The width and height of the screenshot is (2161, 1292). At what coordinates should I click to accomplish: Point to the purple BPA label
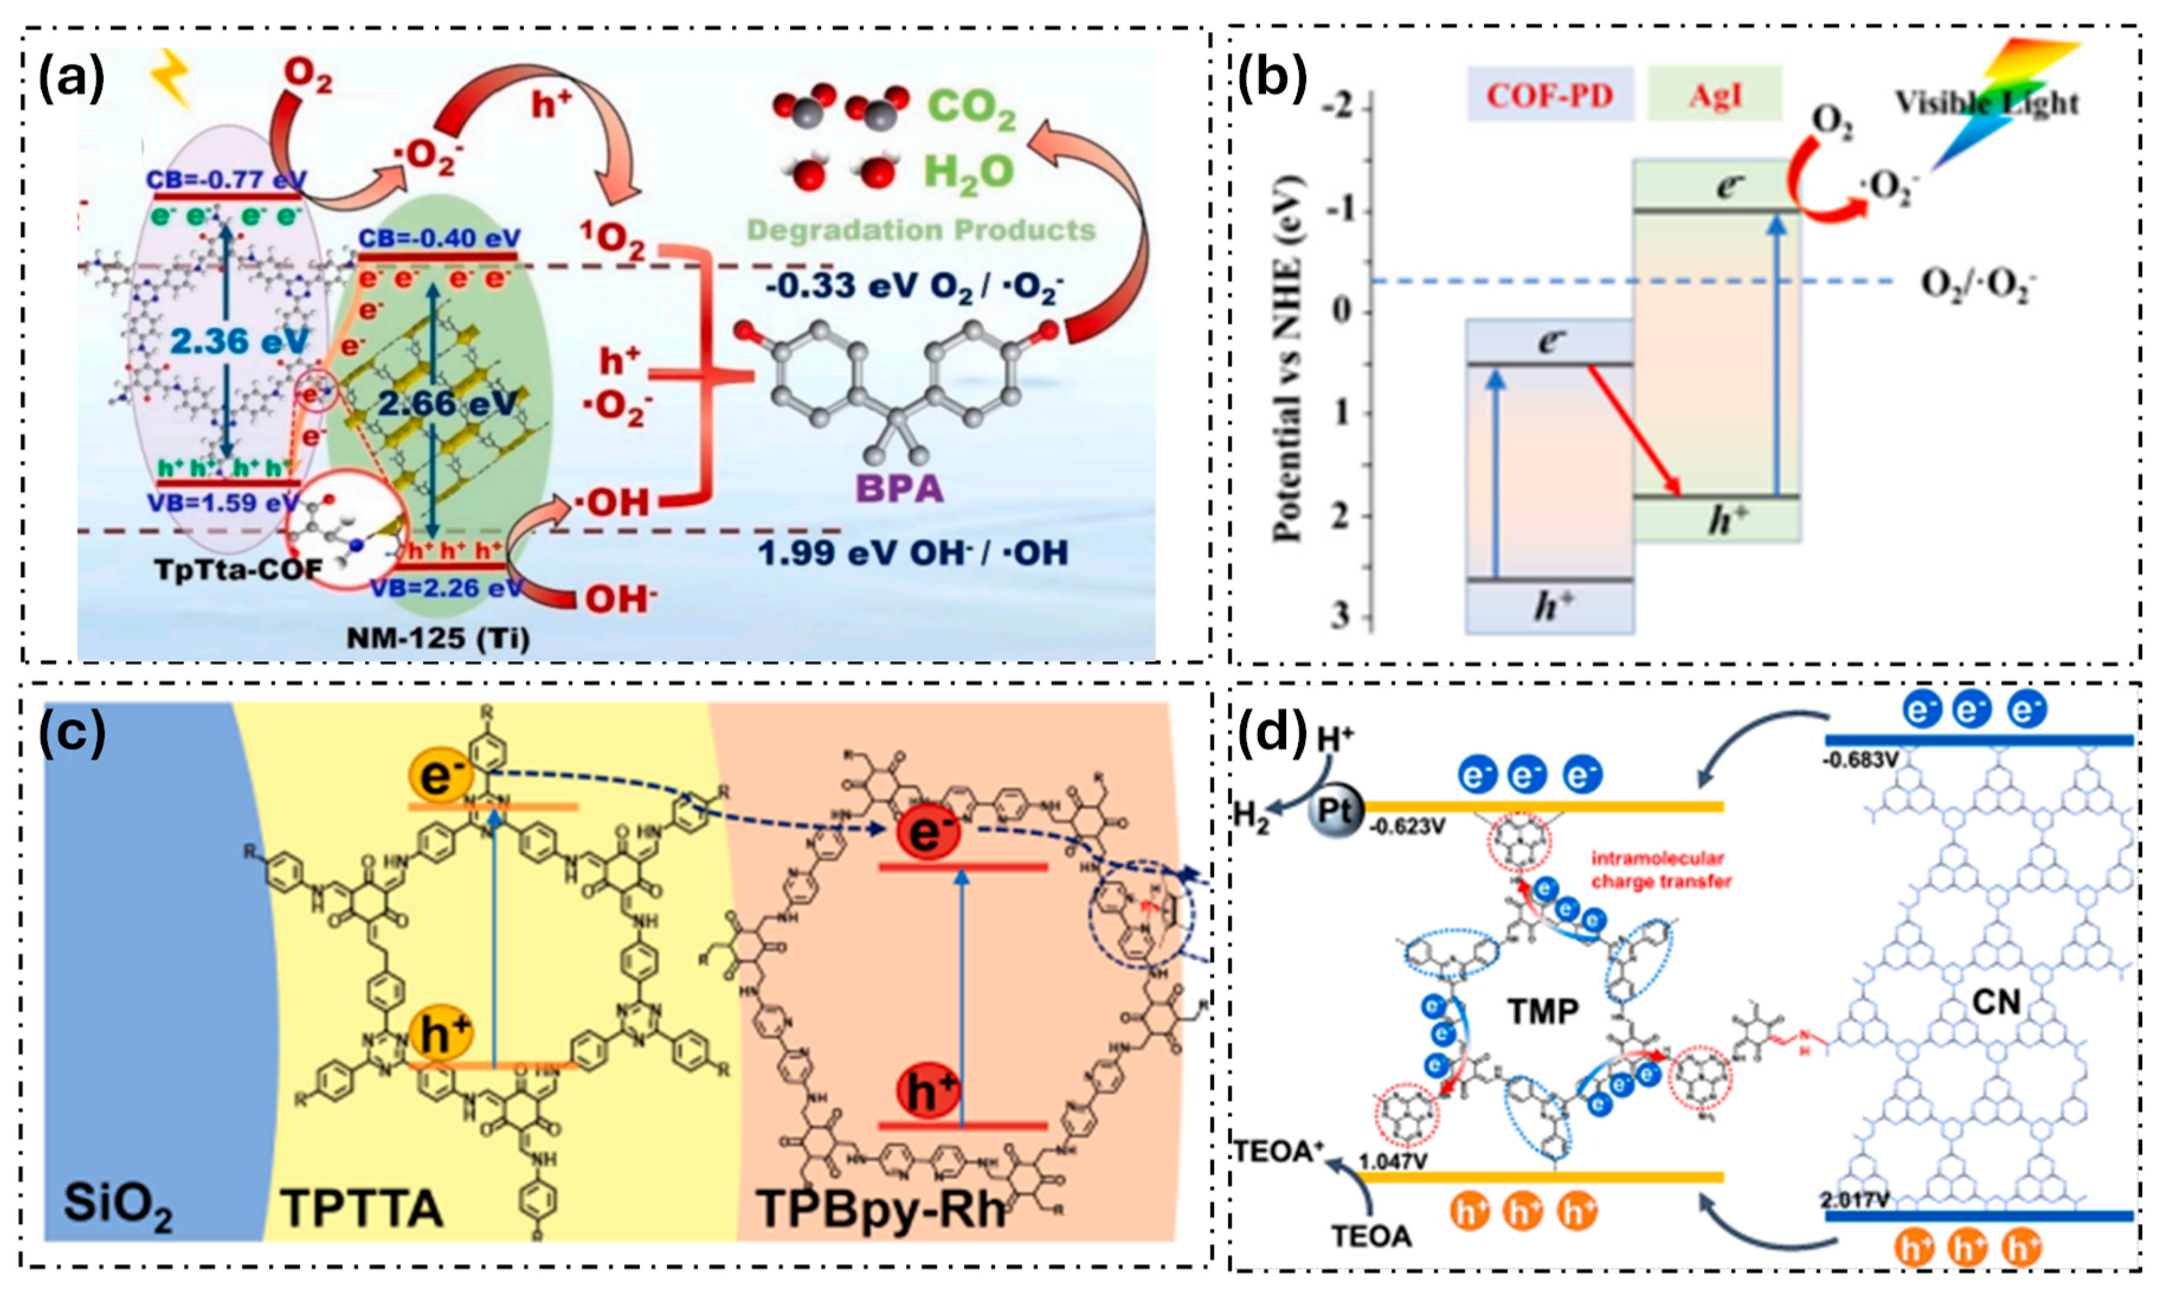[900, 488]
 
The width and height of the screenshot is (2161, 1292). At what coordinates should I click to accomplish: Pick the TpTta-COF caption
[237, 569]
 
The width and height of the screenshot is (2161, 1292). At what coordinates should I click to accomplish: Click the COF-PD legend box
[1549, 94]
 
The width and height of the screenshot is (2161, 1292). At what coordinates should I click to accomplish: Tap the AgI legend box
[1714, 94]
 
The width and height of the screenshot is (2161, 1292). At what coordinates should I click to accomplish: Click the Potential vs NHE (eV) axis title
[1288, 359]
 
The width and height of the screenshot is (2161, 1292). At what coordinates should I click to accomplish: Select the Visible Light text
[1987, 104]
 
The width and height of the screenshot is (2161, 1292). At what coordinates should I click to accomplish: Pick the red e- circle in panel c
[927, 832]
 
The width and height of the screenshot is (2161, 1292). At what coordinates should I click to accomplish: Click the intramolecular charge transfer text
[1661, 870]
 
